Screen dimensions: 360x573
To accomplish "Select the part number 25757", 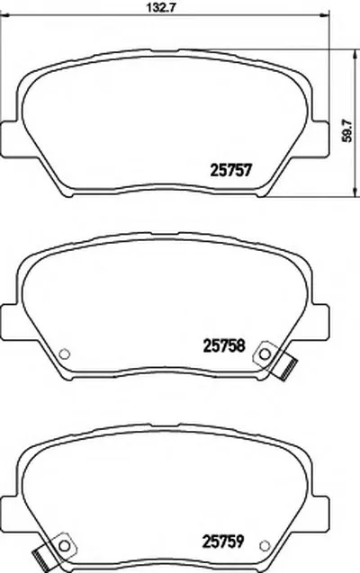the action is pos(231,171).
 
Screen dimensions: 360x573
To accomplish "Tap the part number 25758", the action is pos(224,345).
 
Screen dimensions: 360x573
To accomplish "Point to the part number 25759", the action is pos(223,542).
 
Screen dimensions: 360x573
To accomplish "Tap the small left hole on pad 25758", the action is pos(64,354).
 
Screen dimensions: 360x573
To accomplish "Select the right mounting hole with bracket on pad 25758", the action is pos(265,354).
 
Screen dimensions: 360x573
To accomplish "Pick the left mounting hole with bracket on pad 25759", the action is pos(64,546).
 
